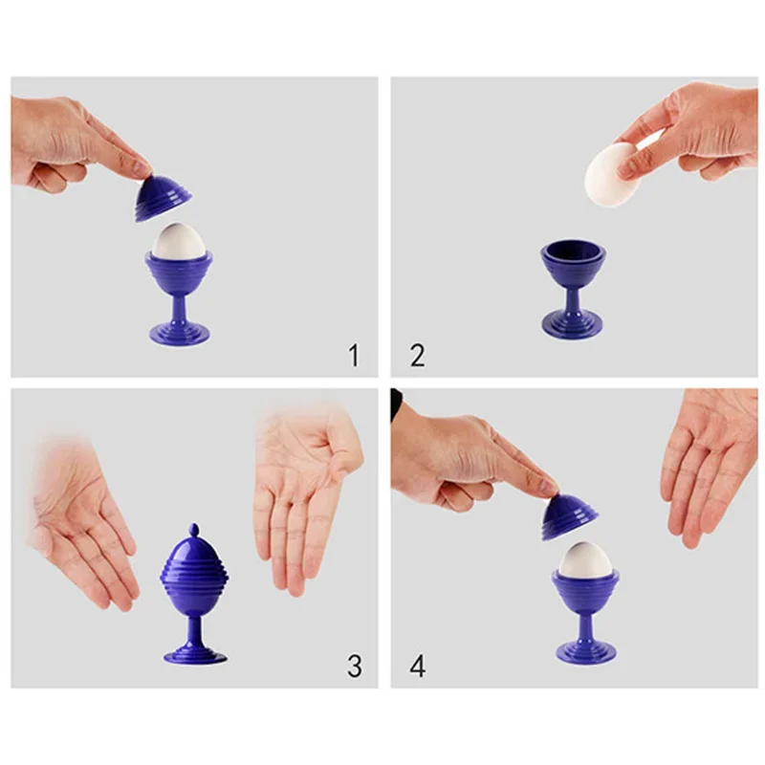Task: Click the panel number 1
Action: point(353,357)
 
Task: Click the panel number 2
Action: point(417,357)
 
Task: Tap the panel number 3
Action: point(354,666)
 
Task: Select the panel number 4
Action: point(418,666)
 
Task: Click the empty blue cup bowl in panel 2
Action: point(572,265)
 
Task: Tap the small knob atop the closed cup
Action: point(193,529)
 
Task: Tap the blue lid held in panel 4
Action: point(569,517)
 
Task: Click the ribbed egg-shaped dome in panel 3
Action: point(193,569)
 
